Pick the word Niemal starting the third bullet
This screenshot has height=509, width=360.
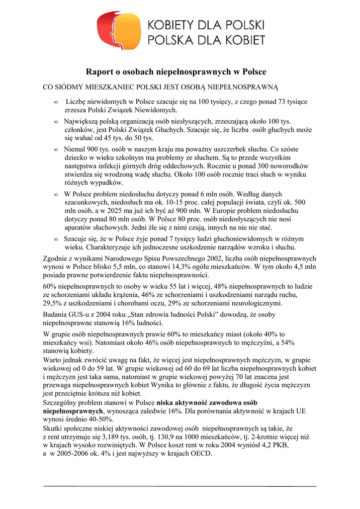tap(75, 149)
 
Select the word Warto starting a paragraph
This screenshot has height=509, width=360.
tap(53, 359)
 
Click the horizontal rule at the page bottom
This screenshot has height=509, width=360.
tap(180, 486)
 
